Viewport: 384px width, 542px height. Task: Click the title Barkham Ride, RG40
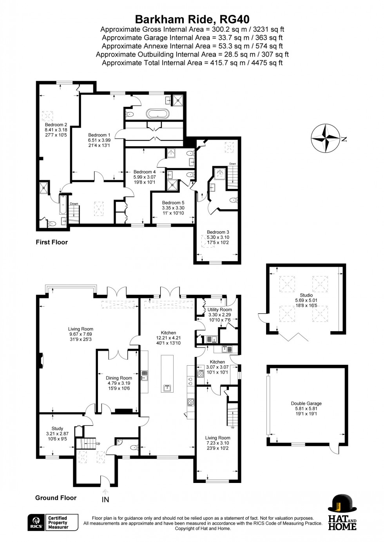[192, 19]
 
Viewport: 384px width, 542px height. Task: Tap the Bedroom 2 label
[56, 125]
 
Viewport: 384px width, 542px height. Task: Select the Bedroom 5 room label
[173, 203]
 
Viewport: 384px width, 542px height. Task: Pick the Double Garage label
[306, 404]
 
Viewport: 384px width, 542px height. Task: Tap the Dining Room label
[119, 378]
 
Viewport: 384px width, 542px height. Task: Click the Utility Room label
[219, 310]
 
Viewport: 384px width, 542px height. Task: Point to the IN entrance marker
[105, 499]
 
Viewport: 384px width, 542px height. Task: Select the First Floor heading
[52, 242]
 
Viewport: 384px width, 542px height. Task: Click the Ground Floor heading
[56, 498]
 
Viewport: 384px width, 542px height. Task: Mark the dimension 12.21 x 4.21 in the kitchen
[168, 338]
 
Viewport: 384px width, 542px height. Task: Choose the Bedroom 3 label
[218, 232]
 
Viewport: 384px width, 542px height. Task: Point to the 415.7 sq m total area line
[192, 63]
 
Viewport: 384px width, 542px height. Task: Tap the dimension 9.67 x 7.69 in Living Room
[81, 334]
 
